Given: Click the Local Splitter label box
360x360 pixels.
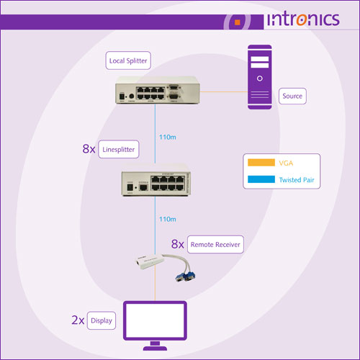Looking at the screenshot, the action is click(128, 60).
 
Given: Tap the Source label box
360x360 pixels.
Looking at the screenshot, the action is click(292, 96).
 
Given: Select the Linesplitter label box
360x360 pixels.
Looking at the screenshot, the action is click(119, 149).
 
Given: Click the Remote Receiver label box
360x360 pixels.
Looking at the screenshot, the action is click(215, 245).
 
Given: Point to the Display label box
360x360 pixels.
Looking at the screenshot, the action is click(102, 320).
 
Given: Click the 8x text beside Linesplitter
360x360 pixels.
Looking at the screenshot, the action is click(89, 149).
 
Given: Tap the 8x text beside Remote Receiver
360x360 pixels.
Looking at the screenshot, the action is click(178, 244).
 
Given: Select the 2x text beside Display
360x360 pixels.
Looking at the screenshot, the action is click(78, 320).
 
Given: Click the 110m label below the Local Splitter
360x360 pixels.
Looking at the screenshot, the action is click(168, 138).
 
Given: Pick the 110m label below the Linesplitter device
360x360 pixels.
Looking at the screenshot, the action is click(168, 219).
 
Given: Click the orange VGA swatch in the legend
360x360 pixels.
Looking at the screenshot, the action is click(261, 163).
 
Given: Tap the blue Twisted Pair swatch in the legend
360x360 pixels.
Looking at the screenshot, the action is click(261, 179).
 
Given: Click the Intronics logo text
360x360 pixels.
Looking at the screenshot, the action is click(303, 19).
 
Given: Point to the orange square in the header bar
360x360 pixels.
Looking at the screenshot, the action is click(238, 22).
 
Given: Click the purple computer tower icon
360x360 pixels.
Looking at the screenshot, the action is click(260, 77).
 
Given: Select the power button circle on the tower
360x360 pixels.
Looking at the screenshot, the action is click(260, 78).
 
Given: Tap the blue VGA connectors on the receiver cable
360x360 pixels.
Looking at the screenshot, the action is click(185, 276).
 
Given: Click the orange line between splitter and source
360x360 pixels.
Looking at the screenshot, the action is click(224, 91).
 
